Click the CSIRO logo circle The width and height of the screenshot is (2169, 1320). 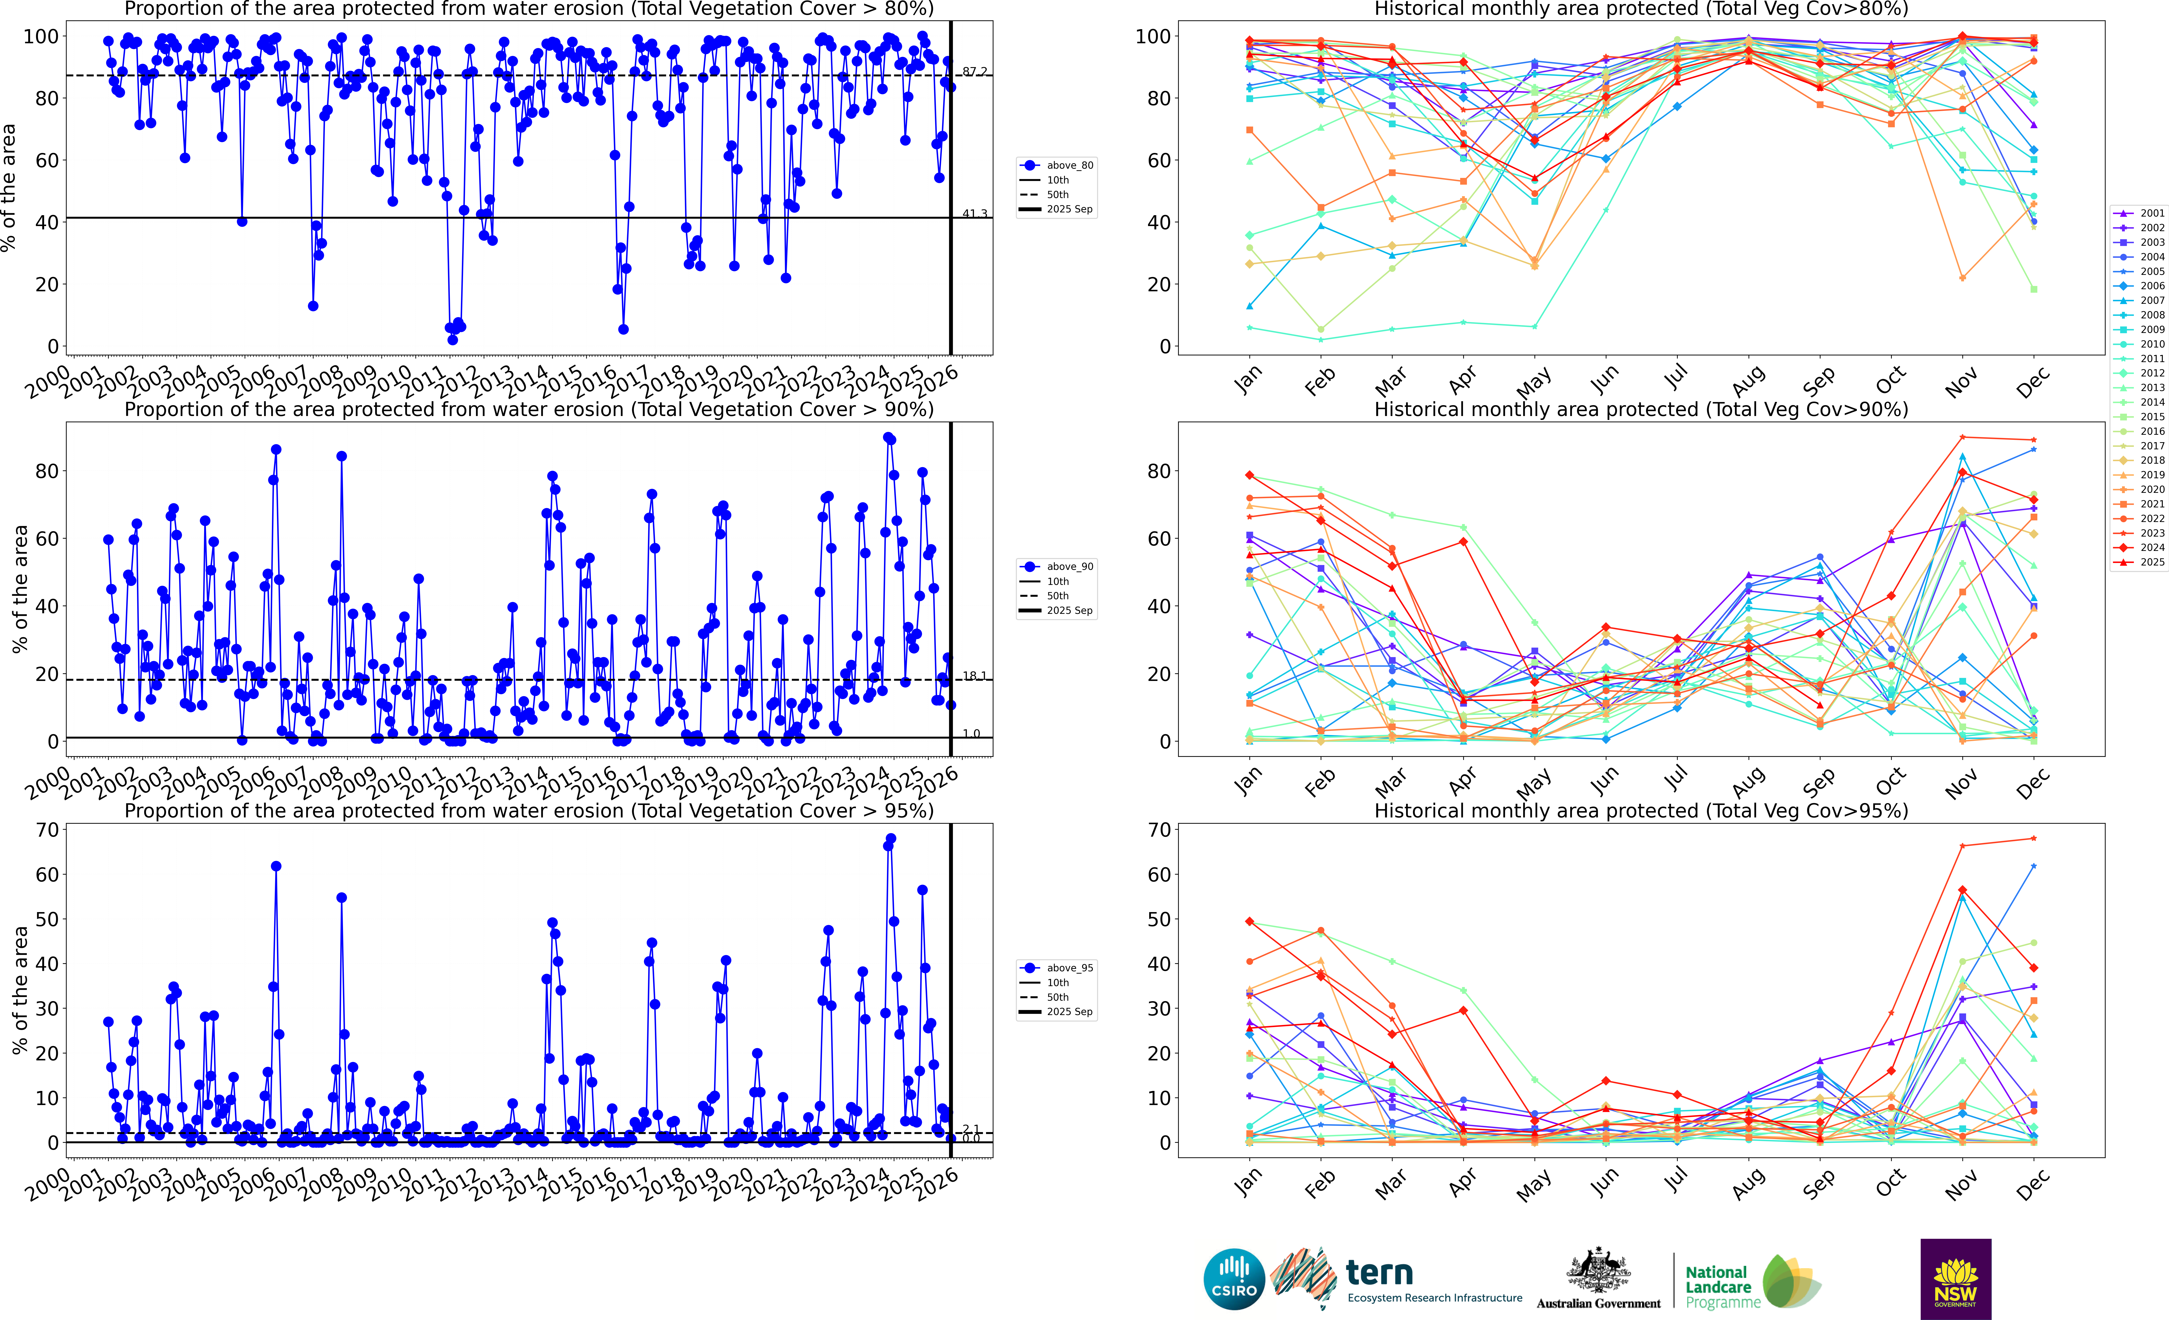(x=1234, y=1279)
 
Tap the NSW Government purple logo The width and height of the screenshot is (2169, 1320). (x=1955, y=1279)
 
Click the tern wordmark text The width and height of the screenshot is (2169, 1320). (x=1379, y=1273)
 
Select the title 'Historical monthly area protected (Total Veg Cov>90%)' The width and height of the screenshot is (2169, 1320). (x=1641, y=409)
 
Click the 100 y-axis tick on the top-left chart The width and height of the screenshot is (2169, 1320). (x=40, y=36)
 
